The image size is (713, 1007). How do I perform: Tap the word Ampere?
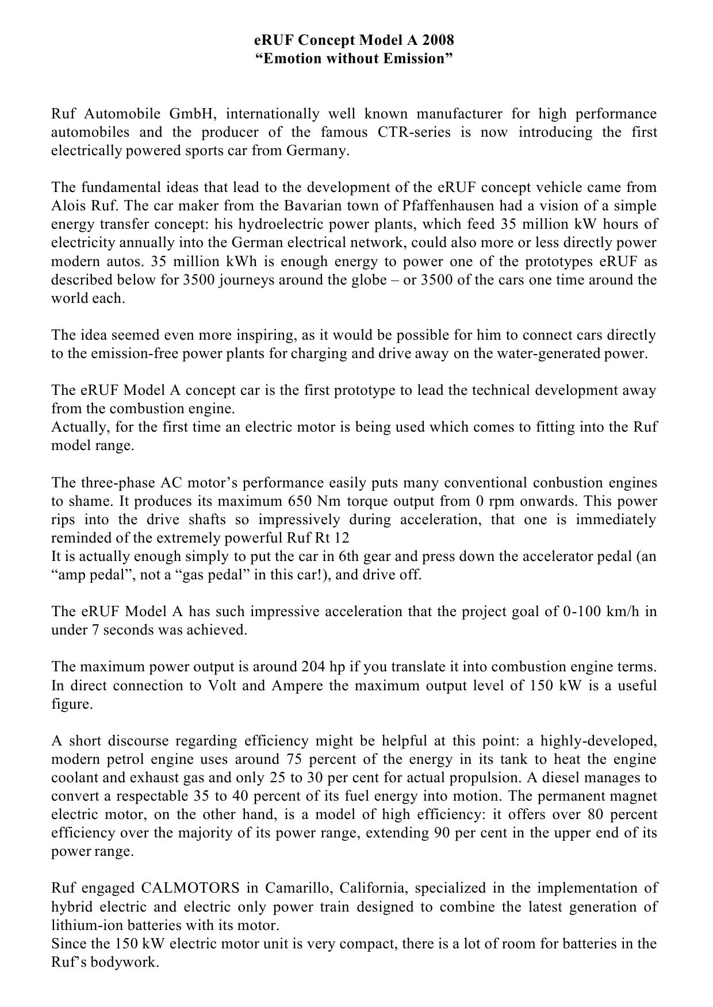[x=297, y=686]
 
